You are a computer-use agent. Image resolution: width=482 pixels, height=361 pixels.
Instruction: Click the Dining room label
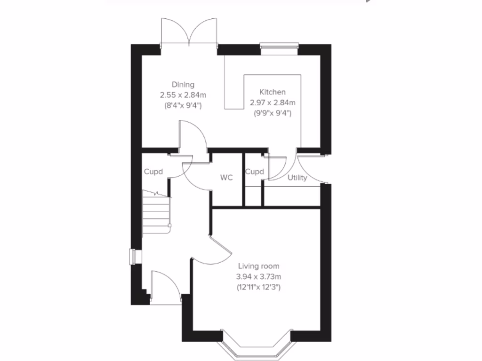click(x=183, y=85)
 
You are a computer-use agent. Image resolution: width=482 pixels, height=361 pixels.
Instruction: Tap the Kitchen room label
click(x=272, y=92)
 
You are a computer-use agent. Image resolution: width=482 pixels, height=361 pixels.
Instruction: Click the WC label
click(x=227, y=178)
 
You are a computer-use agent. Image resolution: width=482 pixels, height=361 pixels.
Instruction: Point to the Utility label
click(x=297, y=178)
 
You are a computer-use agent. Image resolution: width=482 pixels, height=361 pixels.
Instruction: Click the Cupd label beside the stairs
click(x=153, y=172)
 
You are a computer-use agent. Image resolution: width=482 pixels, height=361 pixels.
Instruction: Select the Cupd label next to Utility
click(x=254, y=172)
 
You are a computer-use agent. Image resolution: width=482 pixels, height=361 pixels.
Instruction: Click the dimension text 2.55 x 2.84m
click(x=183, y=95)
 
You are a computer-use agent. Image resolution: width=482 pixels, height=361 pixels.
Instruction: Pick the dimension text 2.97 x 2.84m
click(x=272, y=102)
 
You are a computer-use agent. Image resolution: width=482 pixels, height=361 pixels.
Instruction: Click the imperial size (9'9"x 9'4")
click(x=272, y=113)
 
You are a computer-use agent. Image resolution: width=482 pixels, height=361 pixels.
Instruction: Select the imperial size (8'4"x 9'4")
click(x=183, y=105)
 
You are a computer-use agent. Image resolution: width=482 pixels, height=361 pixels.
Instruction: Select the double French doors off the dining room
click(x=189, y=33)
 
